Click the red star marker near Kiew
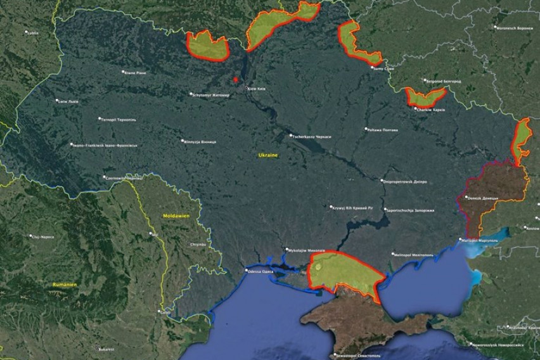pyautogui.click(x=235, y=80)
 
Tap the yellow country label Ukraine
pyautogui.click(x=268, y=155)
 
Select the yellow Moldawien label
pyautogui.click(x=172, y=216)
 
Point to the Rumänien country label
pyautogui.click(x=65, y=285)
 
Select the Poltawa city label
pyautogui.click(x=382, y=129)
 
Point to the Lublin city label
pyautogui.click(x=32, y=32)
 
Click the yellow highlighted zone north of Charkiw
pyautogui.click(x=425, y=97)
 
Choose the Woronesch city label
pyautogui.click(x=514, y=28)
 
